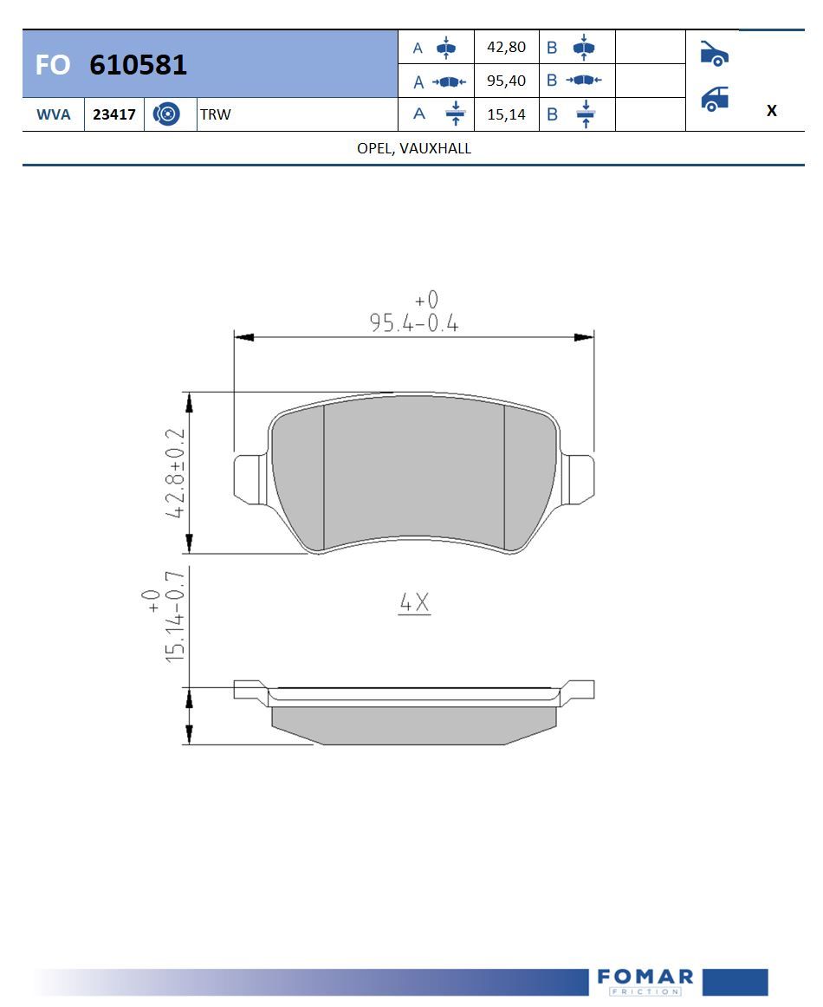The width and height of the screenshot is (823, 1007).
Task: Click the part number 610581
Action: [138, 65]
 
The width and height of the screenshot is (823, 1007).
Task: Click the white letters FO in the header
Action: [53, 65]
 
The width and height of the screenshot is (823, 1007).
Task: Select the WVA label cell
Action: [54, 114]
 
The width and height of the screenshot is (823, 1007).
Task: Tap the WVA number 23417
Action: [114, 114]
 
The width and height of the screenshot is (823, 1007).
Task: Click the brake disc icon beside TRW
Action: [166, 114]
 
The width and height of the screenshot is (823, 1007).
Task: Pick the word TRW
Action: [215, 114]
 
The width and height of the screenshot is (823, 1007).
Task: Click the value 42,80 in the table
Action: [507, 47]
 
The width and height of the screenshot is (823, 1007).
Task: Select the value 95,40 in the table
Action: [507, 81]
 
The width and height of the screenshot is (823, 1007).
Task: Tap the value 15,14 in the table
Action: [507, 115]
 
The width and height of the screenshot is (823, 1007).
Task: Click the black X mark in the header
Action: [772, 110]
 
